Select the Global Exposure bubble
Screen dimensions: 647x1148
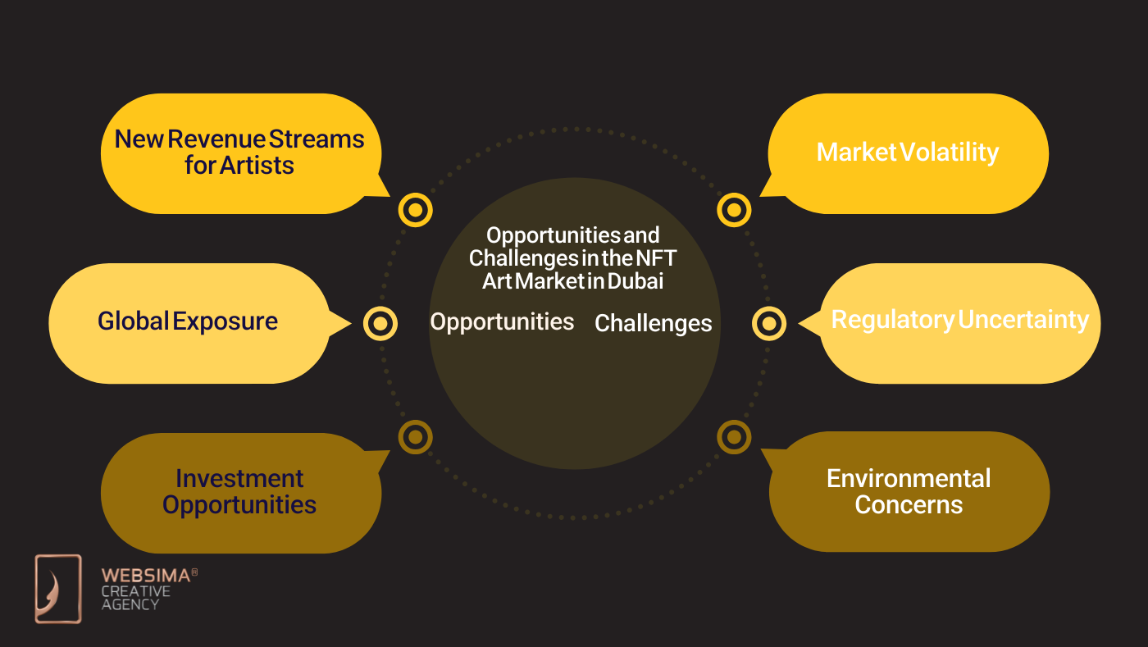[x=188, y=321]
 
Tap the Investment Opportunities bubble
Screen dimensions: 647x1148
[x=239, y=492]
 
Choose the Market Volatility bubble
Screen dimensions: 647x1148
[x=908, y=153]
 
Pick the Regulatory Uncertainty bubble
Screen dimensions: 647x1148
[x=960, y=321]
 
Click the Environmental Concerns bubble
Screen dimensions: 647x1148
[x=909, y=491]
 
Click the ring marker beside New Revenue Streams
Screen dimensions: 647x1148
[x=415, y=210]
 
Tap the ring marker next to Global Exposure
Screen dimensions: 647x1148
[x=380, y=323]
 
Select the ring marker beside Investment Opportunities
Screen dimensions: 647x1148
[x=415, y=436]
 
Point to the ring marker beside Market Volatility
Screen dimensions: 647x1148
[x=734, y=210]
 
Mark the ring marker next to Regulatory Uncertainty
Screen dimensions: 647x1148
[x=768, y=323]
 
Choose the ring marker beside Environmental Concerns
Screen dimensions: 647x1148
[x=734, y=436]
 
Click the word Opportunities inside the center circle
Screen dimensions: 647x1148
[x=502, y=321]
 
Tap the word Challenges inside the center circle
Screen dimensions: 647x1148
[x=653, y=323]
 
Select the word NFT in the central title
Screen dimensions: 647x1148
[x=658, y=258]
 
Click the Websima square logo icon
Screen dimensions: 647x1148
[x=58, y=589]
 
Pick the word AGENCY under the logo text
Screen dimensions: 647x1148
[x=130, y=604]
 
